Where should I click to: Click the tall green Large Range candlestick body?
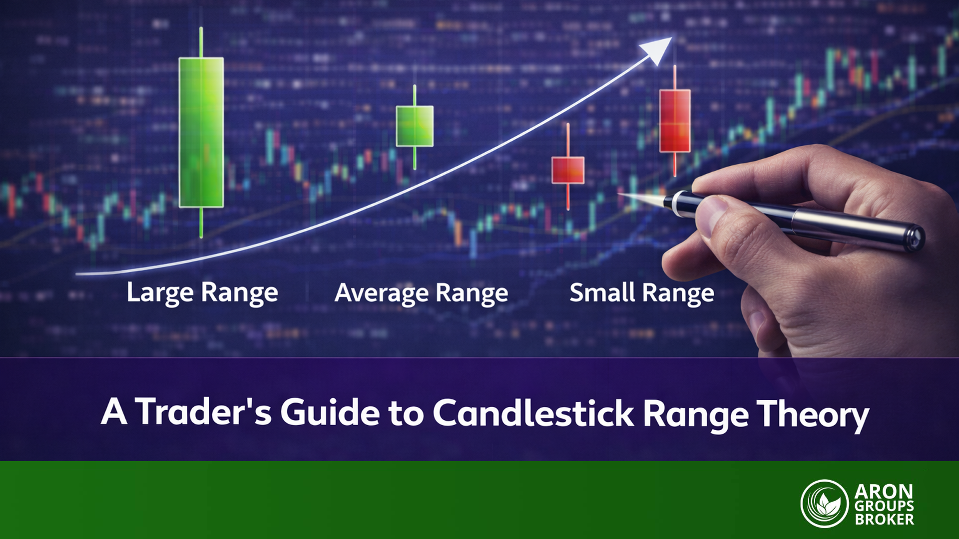point(201,132)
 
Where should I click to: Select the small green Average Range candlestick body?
point(415,126)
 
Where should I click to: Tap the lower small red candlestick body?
point(568,170)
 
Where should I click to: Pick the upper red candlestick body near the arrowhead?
point(675,121)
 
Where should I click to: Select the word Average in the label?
point(382,293)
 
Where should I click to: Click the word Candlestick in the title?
point(533,413)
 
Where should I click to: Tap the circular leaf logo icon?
point(825,504)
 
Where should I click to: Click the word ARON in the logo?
point(884,492)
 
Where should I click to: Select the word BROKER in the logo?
point(884,520)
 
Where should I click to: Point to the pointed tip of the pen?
point(619,194)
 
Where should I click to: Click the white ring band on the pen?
point(678,203)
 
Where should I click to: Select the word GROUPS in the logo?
point(884,506)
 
